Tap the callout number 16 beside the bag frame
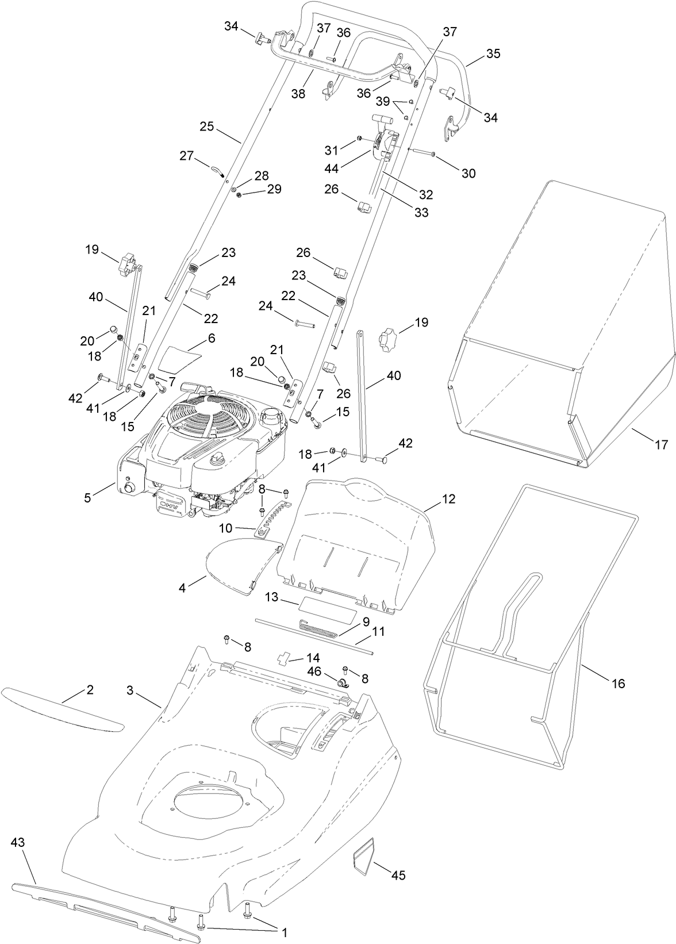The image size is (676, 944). pos(618,684)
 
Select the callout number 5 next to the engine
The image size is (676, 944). pos(87,498)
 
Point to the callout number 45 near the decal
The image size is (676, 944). pos(398,875)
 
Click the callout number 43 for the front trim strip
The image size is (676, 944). pos(18,842)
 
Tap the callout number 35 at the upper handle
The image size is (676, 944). pos(493,53)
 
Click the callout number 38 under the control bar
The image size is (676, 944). pos(298,93)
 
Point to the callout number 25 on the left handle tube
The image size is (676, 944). pos(207,126)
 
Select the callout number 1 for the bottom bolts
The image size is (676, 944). pos(283,933)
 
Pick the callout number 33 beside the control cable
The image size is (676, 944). pos(421,212)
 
